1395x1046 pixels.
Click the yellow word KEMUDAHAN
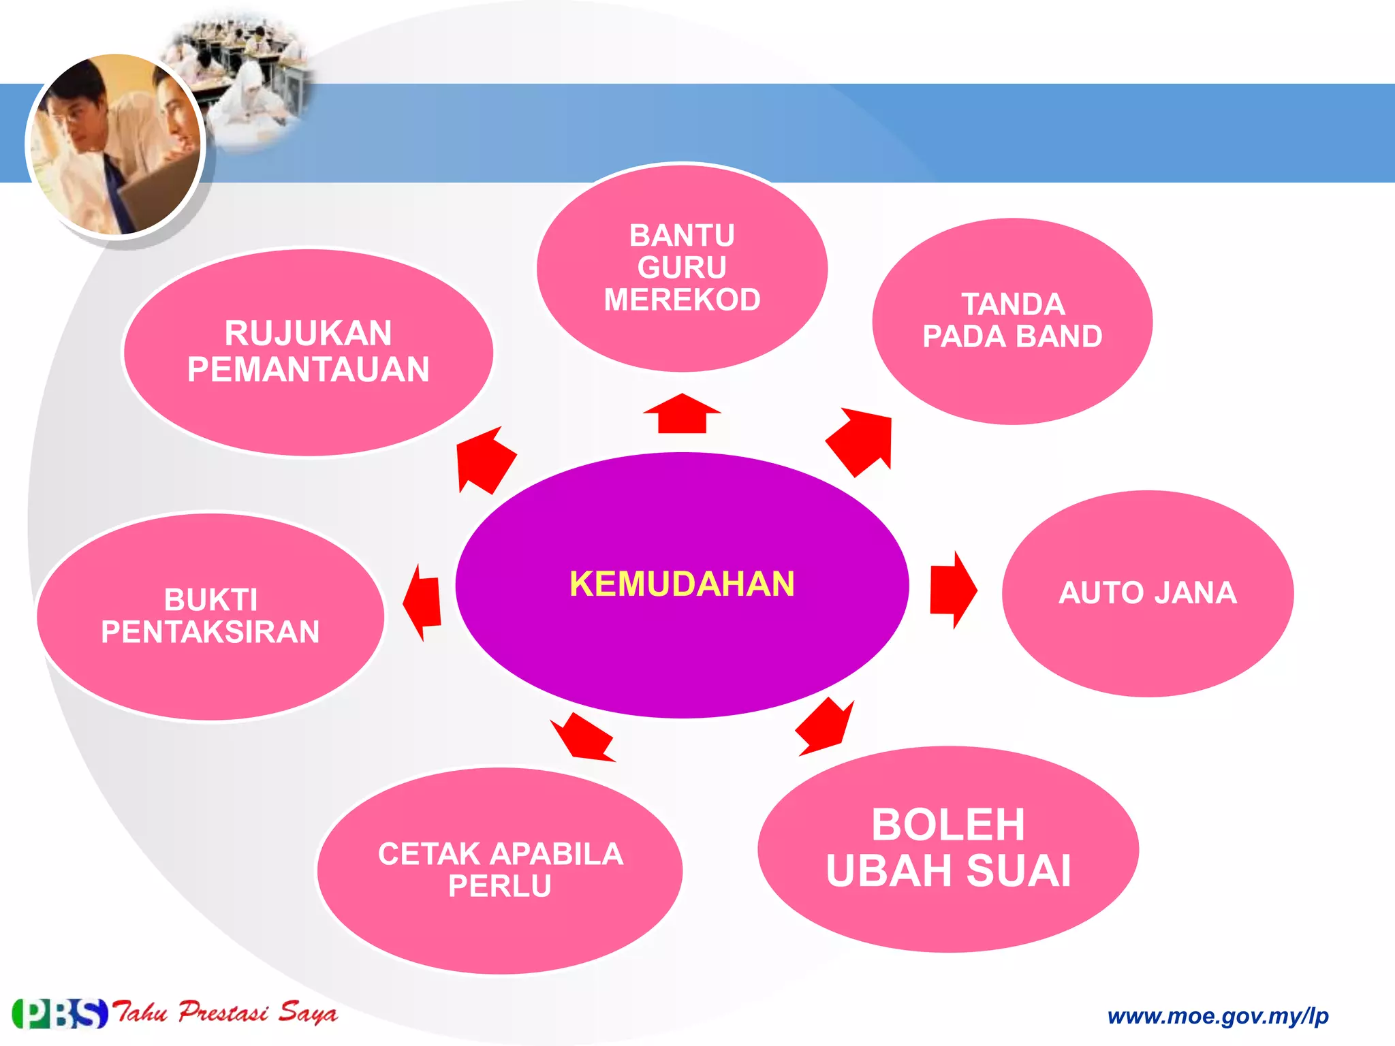682,584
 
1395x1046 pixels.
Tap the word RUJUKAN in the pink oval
308,334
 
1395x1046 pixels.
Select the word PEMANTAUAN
308,370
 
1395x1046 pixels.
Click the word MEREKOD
682,300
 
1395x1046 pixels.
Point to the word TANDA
1013,304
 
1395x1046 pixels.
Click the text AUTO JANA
1147,592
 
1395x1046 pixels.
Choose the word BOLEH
947,825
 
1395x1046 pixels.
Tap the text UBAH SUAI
948,871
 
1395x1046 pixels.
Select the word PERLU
499,886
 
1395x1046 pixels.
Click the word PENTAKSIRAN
210,632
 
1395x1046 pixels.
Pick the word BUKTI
210,600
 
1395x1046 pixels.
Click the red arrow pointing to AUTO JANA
953,590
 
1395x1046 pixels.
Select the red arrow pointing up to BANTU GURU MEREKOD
682,414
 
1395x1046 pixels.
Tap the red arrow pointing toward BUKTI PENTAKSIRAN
423,602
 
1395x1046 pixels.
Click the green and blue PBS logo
60,1013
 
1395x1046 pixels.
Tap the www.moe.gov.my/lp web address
1218,1016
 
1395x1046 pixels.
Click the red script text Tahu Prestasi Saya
225,1013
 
